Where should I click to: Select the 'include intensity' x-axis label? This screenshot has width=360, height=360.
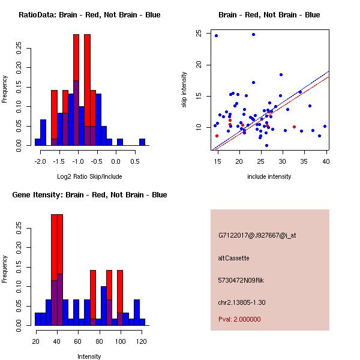coord(269,176)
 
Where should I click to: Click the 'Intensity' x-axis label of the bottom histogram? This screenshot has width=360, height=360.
coord(89,356)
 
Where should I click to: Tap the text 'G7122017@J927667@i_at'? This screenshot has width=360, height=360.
coord(257,235)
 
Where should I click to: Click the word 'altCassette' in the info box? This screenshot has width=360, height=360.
coord(233,258)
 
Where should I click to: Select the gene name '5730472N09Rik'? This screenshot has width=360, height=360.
coord(242,280)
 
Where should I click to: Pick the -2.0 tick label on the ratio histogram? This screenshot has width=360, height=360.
coord(40,162)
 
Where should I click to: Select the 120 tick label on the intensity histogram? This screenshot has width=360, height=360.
coord(142,341)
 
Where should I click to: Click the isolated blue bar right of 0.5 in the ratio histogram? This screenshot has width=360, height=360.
coord(142,142)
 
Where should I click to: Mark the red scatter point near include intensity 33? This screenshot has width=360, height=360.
coord(294,127)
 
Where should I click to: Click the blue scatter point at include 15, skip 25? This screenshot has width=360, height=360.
coord(216,35)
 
